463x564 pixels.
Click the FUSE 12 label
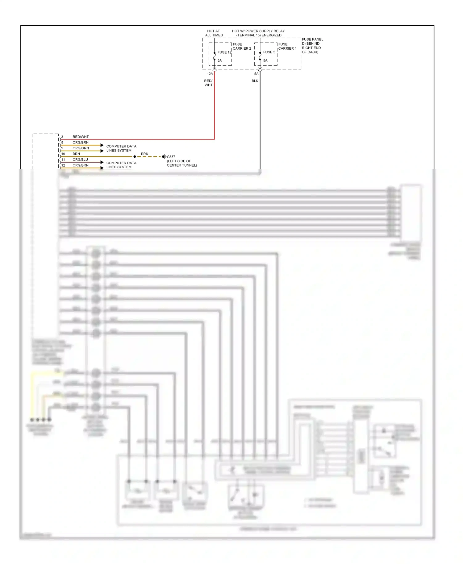(224, 52)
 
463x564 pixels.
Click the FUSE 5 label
(269, 52)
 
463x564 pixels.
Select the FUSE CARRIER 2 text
(242, 46)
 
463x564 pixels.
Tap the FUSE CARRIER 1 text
(287, 46)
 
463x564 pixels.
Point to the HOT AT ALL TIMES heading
(214, 33)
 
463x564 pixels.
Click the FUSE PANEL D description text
(312, 46)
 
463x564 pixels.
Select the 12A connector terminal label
(210, 74)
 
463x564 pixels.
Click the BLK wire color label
(255, 81)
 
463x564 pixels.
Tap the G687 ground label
(171, 157)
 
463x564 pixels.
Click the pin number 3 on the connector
(62, 137)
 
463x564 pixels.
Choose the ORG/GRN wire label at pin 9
(81, 148)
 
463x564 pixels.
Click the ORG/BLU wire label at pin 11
(80, 160)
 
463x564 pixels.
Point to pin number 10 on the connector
(63, 154)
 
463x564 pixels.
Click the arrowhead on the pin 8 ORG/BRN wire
(102, 145)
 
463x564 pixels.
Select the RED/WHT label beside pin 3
(81, 137)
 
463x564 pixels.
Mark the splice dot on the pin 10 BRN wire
(135, 157)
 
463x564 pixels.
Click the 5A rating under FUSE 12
(219, 60)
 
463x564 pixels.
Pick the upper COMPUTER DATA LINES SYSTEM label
(121, 148)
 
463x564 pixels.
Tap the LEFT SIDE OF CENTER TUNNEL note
(181, 163)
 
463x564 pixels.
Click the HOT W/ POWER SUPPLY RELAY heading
(258, 33)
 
